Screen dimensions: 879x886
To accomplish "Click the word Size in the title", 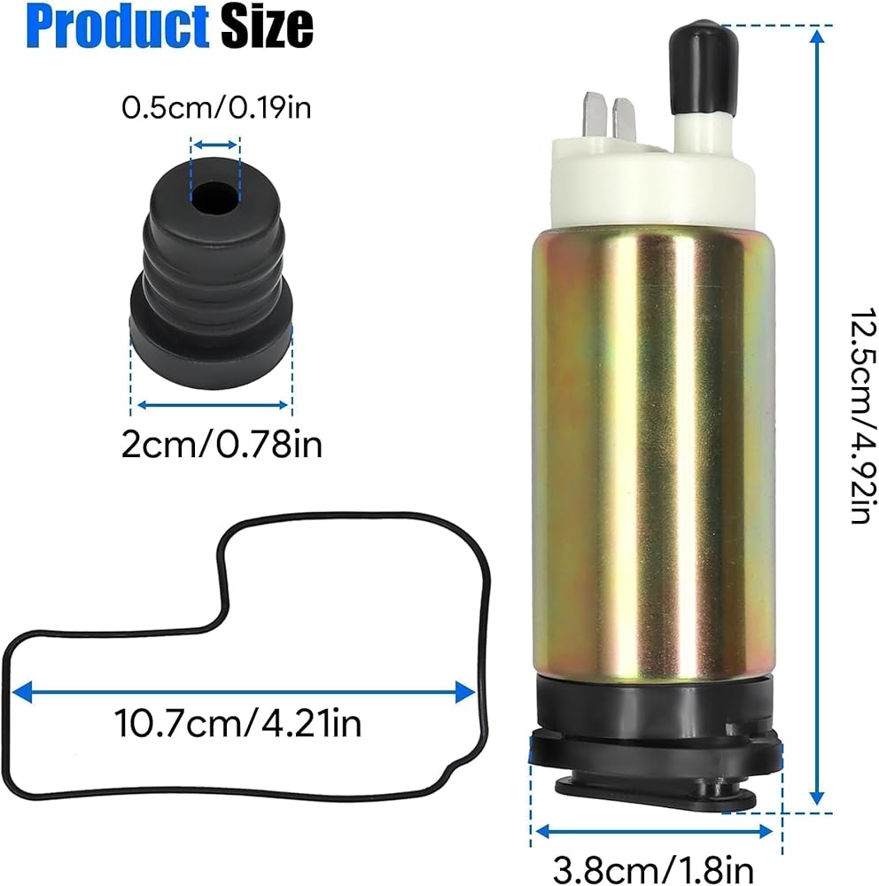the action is pos(266,27).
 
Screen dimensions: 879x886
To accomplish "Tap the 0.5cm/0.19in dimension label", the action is pos(216,107).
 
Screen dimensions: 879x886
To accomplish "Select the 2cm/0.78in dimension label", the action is pos(222,444).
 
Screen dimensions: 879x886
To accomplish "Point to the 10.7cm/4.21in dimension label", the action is pos(237,723).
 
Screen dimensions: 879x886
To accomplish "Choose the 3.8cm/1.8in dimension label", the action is pos(653,869).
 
